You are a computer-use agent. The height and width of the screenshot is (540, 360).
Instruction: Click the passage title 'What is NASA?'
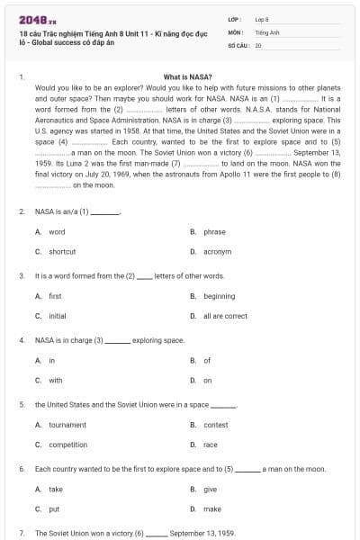[x=189, y=77]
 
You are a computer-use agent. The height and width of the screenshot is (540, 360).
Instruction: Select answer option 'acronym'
[x=217, y=251]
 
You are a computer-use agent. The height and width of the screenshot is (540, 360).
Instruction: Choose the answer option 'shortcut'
[x=62, y=251]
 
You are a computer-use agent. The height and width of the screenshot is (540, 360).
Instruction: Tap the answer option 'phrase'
[x=214, y=231]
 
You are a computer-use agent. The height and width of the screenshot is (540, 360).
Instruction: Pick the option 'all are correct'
[x=225, y=316]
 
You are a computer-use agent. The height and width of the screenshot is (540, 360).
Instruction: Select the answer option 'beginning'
[x=219, y=296]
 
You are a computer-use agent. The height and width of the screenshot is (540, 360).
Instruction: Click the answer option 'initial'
[x=57, y=316]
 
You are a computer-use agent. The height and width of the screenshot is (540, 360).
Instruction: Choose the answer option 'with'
[x=56, y=380]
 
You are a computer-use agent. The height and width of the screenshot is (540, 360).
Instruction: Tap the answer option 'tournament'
[x=67, y=425]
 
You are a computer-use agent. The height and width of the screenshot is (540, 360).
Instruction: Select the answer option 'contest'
[x=216, y=425]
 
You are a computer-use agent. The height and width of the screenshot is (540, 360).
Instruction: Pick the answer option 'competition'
[x=67, y=445]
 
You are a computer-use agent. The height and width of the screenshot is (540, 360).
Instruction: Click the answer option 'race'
[x=211, y=445]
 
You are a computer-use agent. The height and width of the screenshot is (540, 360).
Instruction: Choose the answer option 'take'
[x=56, y=489]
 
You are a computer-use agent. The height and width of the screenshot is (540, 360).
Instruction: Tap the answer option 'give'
[x=211, y=489]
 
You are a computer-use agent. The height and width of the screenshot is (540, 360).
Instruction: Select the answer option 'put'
[x=54, y=508]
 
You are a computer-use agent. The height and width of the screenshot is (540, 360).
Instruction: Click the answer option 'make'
[x=212, y=508]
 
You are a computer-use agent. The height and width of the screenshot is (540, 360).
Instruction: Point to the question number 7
[x=22, y=533]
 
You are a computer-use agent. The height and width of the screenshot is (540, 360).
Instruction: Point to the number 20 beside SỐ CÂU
[x=258, y=44]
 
